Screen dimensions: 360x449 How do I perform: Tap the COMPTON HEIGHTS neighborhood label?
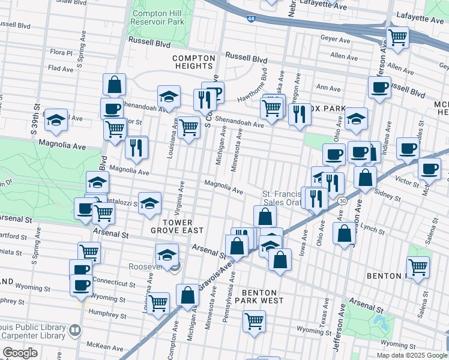pyautogui.click(x=193, y=62)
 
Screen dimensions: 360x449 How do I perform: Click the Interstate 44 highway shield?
pyautogui.click(x=249, y=19)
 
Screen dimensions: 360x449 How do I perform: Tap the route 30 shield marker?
pyautogui.click(x=341, y=200)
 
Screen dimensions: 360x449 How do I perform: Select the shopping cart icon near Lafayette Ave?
pyautogui.click(x=397, y=37)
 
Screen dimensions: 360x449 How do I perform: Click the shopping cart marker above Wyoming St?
pyautogui.click(x=254, y=321)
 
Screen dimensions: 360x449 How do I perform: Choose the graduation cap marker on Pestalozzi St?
pyautogui.click(x=149, y=202)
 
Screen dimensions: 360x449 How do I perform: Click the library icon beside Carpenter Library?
pyautogui.click(x=75, y=329)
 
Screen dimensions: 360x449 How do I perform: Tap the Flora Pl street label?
pyautogui.click(x=61, y=53)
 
